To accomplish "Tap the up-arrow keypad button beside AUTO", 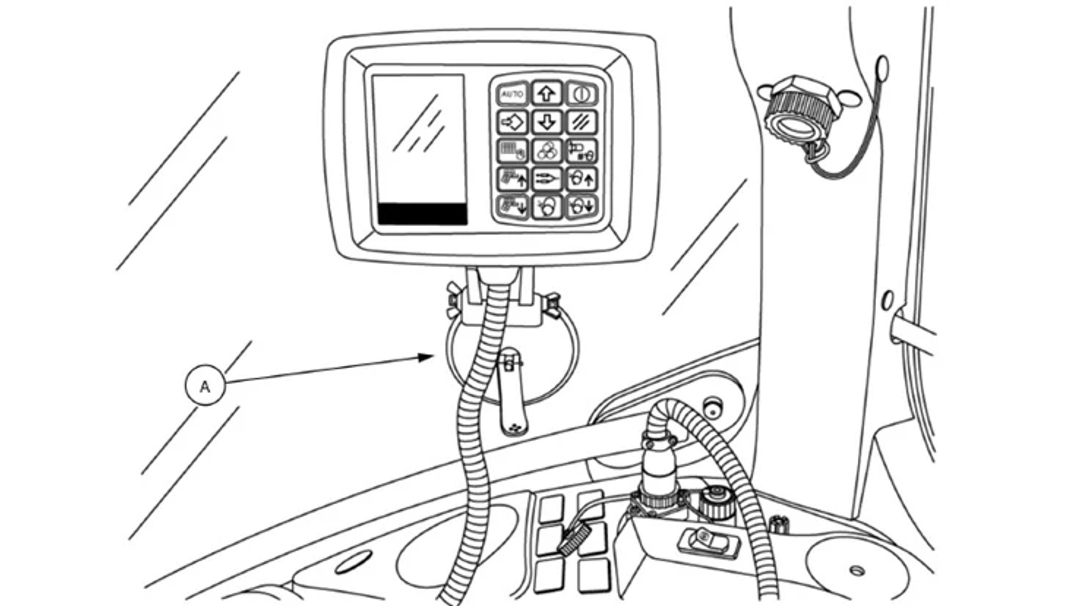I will click(547, 93).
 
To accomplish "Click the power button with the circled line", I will click(581, 94).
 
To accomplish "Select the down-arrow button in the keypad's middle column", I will click(547, 122).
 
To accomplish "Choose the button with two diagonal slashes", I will click(581, 122).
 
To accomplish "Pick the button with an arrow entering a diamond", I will click(512, 122).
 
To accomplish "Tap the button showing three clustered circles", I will click(547, 150).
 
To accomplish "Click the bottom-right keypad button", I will click(581, 206).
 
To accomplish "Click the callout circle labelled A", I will click(205, 385).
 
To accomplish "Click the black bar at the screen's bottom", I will click(422, 214).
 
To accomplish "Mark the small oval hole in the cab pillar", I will click(887, 300).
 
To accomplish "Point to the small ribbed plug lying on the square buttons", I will click(573, 540).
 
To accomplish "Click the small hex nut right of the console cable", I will click(779, 525).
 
